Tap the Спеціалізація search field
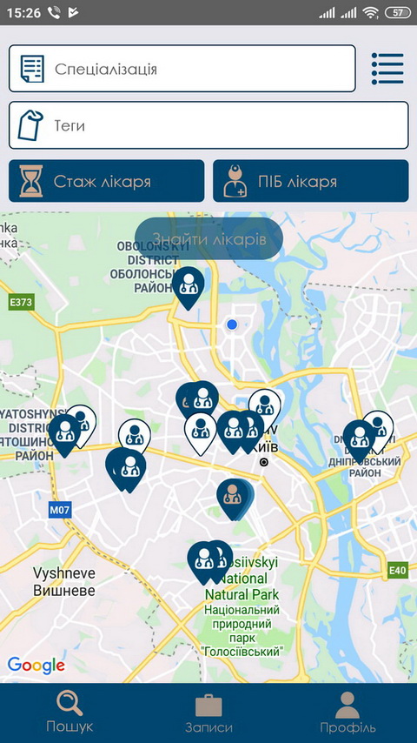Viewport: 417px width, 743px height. tap(182, 69)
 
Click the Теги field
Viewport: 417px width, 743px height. tap(208, 125)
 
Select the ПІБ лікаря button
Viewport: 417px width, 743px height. tap(310, 182)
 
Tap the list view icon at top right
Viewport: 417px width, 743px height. tap(387, 69)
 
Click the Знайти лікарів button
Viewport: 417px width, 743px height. tap(208, 238)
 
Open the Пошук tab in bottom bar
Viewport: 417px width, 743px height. tap(69, 711)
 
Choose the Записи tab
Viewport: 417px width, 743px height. tap(208, 711)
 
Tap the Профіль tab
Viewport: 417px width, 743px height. tap(347, 711)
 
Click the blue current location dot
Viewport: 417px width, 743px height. tap(232, 325)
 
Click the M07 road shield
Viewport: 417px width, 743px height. tap(59, 509)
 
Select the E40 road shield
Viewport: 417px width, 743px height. tap(396, 570)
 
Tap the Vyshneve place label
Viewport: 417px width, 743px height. tap(63, 581)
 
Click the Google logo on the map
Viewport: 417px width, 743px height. tap(36, 666)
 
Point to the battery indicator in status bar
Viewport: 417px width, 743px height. tap(396, 13)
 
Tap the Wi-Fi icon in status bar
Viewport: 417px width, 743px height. tap(371, 13)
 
